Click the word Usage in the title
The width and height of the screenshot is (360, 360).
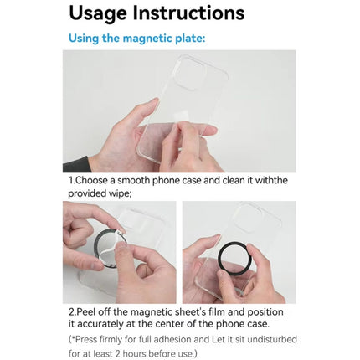coord(98,13)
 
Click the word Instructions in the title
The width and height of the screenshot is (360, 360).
coord(188,13)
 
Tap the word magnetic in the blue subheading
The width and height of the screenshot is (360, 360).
coord(147,38)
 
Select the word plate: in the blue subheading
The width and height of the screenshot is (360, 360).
coord(190,38)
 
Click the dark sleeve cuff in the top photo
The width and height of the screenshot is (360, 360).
coord(76,165)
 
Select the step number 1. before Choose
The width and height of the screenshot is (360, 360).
coord(72,180)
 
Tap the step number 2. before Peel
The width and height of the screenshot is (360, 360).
coord(73,311)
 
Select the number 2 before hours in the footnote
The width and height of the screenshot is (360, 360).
coord(117,353)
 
